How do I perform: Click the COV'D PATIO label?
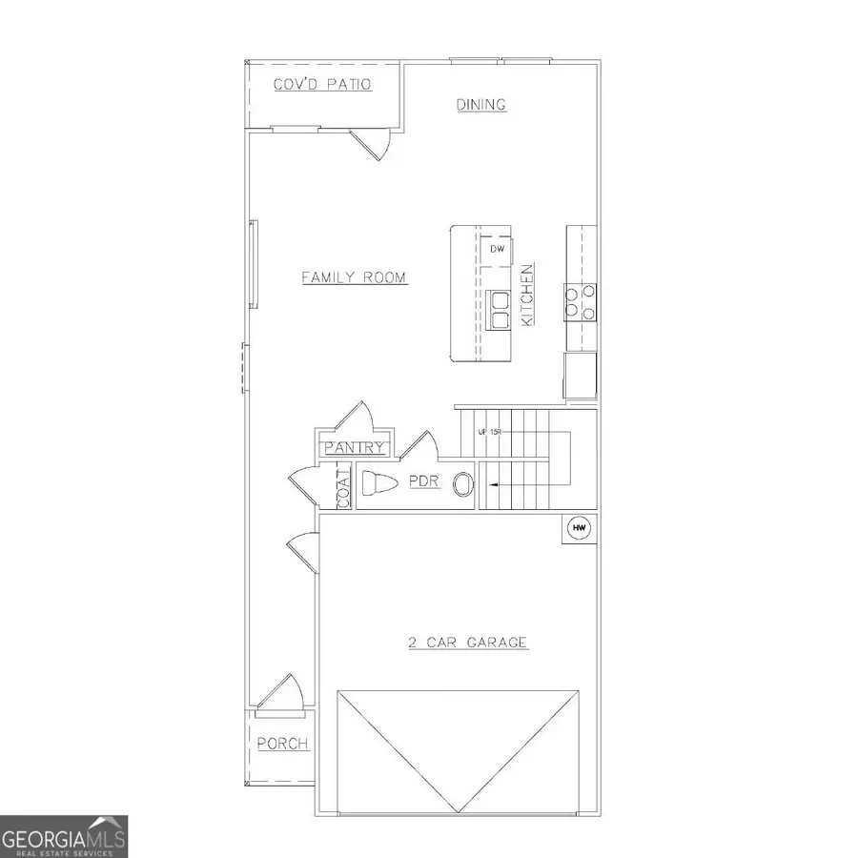[x=322, y=85]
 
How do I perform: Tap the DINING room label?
[x=480, y=105]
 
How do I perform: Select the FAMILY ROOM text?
[x=354, y=277]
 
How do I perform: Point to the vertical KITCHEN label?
[x=526, y=296]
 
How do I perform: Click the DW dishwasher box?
[x=497, y=249]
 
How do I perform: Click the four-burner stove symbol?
[x=581, y=301]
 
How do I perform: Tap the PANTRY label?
[x=355, y=447]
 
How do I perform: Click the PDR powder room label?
[x=424, y=482]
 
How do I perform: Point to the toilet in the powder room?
[x=379, y=483]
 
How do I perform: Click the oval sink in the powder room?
[x=464, y=484]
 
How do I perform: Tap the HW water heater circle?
[x=578, y=527]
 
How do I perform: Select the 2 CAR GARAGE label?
[x=468, y=643]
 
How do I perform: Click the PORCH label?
[x=282, y=744]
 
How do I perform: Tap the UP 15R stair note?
[x=488, y=432]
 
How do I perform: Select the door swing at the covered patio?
[x=372, y=143]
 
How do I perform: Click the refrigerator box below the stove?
[x=580, y=375]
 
